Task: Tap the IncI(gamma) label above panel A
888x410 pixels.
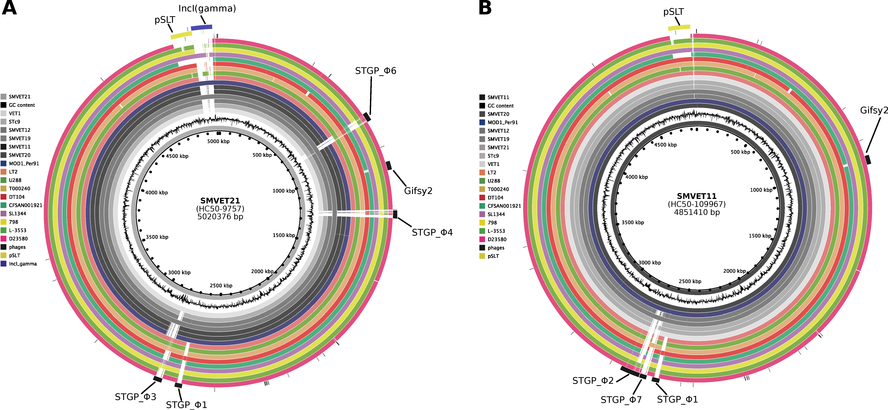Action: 207,9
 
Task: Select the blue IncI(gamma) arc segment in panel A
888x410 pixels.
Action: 202,27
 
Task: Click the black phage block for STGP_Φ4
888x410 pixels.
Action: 395,214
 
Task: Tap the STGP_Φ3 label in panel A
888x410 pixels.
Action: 136,397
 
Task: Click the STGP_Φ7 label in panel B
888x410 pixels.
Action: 621,400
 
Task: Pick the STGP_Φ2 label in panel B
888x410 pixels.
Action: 593,381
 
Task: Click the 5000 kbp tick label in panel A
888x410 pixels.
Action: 218,141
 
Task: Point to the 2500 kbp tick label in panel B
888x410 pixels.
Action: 690,281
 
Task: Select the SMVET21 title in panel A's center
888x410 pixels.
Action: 220,201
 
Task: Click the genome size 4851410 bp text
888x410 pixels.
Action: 697,212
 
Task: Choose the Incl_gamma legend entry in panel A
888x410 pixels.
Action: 23,264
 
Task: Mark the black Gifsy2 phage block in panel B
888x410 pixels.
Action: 868,160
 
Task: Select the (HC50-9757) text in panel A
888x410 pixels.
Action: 220,209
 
